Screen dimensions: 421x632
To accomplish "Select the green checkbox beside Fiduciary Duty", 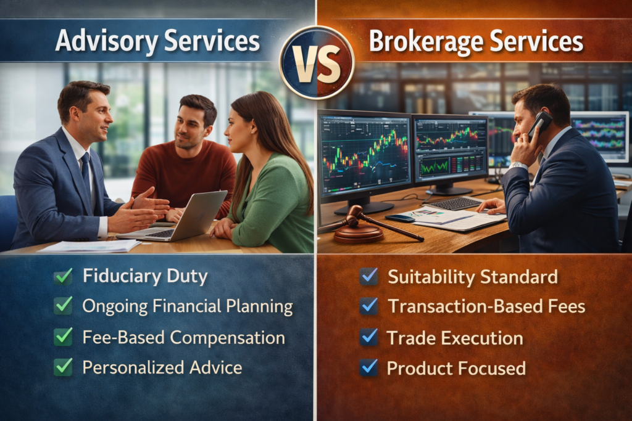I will coord(63,276).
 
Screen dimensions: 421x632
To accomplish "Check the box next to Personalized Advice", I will coord(63,367).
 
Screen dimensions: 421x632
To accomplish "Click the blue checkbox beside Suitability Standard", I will coord(368,277).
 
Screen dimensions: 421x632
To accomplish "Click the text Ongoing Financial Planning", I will coord(187,306).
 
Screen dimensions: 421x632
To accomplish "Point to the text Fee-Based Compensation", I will coord(183,337).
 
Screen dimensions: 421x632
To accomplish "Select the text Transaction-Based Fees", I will coord(486,306).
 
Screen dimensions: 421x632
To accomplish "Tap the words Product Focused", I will coord(456,368).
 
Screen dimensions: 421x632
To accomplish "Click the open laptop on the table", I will coord(179,217).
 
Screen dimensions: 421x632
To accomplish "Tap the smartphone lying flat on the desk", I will coord(400,218).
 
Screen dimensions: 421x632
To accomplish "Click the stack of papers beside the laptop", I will coord(89,246).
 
